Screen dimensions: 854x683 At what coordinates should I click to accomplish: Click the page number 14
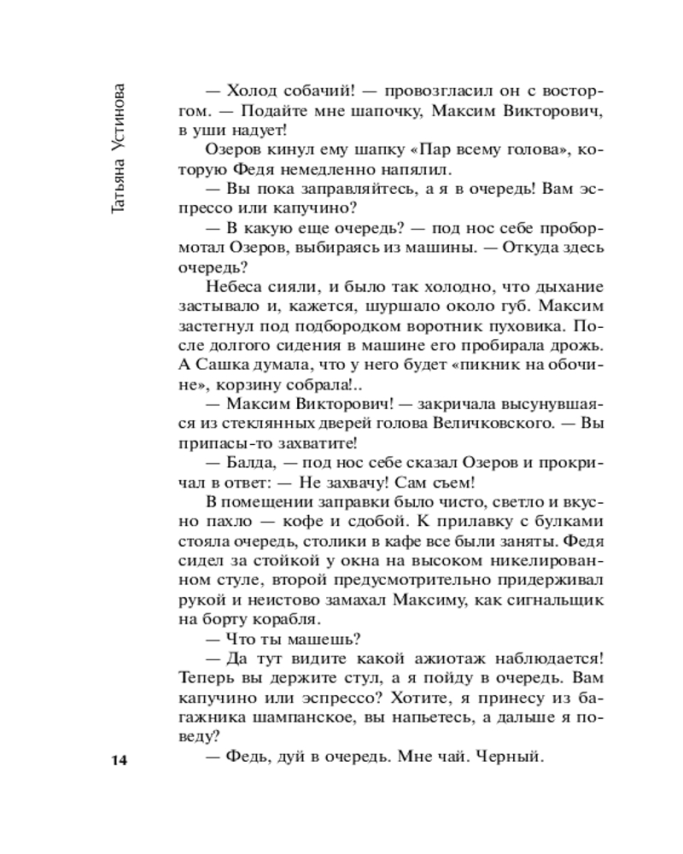[118, 760]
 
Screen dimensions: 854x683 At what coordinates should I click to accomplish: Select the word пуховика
[531, 327]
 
